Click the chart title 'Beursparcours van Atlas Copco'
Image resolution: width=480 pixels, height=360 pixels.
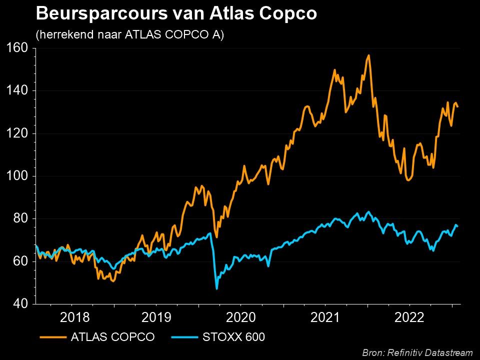tap(176, 14)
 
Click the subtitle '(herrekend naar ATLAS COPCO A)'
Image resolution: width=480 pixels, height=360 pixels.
tap(130, 35)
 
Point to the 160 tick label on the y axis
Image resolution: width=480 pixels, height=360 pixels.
tap(18, 48)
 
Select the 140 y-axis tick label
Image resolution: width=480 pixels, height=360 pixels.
tap(18, 91)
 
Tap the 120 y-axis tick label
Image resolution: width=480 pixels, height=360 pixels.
tap(18, 133)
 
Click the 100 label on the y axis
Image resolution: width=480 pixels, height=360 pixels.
tap(18, 176)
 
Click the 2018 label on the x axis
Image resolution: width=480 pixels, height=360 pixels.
tap(75, 317)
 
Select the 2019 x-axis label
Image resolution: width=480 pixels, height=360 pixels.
tap(157, 317)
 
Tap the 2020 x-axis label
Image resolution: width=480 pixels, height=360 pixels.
tap(241, 317)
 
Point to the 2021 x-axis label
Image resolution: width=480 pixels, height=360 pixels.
tap(325, 317)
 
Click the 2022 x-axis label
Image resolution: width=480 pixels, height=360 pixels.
tap(410, 317)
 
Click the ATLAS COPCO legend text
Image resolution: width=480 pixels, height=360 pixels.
tap(112, 337)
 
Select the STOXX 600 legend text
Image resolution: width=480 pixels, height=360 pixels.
tap(233, 337)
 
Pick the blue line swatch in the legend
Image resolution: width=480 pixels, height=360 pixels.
tap(185, 337)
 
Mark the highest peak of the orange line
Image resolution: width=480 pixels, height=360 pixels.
tap(368, 55)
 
